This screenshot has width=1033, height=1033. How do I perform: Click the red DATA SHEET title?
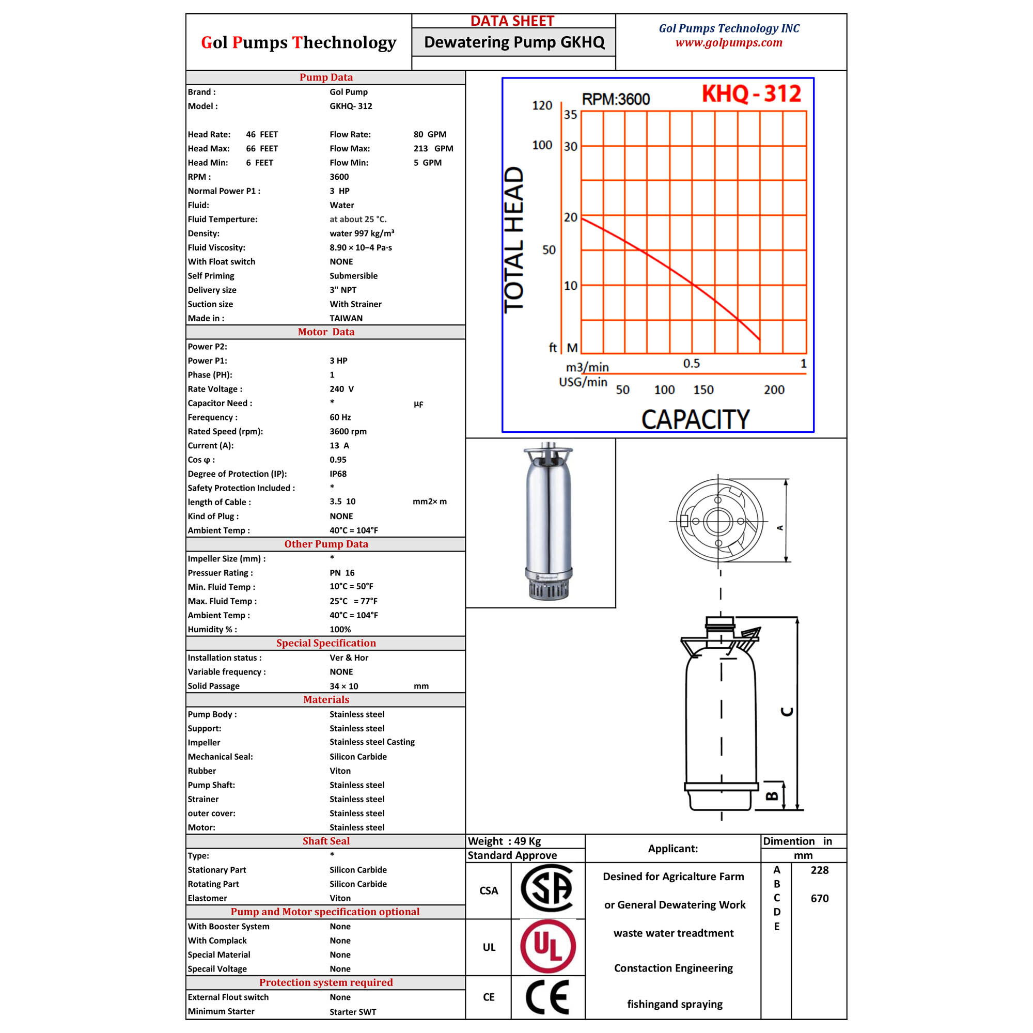point(512,21)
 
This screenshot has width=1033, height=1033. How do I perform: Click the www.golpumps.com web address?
point(729,43)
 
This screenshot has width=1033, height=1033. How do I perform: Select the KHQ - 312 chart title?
point(751,93)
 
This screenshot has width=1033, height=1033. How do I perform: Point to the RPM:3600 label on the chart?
point(616,99)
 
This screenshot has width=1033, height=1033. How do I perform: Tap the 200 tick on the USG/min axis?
point(774,390)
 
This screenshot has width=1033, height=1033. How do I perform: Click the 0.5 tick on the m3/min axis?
point(692,364)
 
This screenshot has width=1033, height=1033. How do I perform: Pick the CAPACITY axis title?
point(695,419)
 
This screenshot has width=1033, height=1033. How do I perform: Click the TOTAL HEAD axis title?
point(514,240)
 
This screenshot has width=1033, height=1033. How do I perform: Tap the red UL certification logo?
point(548,946)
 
